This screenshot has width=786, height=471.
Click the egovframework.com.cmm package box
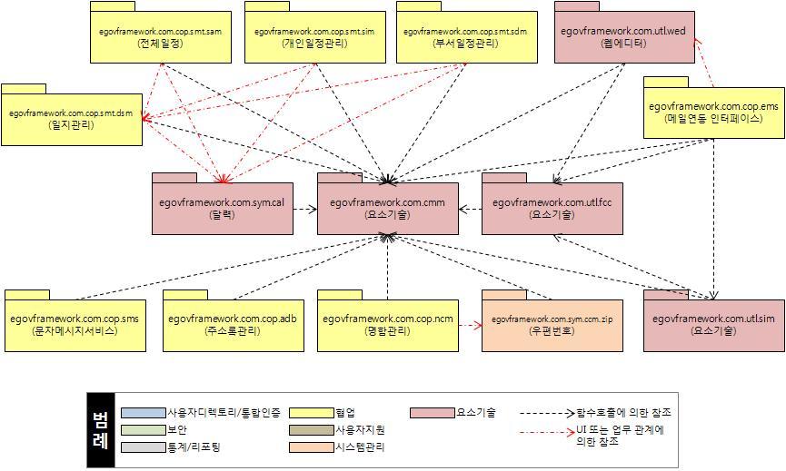pos(388,209)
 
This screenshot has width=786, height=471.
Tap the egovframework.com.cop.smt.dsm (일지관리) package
pos(71,119)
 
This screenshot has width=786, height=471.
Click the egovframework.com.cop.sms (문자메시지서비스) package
pos(75,325)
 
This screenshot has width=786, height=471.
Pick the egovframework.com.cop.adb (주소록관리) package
pos(233,325)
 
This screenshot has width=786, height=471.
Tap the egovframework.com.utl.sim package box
pos(713,325)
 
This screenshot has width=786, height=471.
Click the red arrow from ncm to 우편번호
pos(470,322)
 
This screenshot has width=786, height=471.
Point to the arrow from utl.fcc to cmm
pos(470,210)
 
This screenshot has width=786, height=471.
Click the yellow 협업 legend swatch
pos(309,413)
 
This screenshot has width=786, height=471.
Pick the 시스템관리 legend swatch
pos(309,447)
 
